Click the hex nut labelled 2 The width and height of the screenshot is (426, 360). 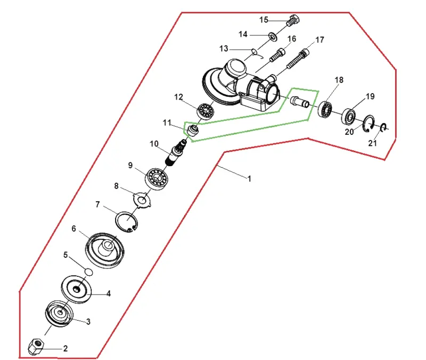tap(35, 347)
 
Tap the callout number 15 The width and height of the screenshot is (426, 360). tap(264, 20)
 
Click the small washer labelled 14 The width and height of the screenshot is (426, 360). tap(273, 37)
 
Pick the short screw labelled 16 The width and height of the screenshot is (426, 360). tap(278, 55)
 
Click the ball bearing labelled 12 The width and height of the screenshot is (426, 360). tap(206, 111)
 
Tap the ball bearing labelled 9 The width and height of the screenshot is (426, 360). tap(157, 178)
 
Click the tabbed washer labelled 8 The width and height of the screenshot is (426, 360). tap(142, 201)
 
